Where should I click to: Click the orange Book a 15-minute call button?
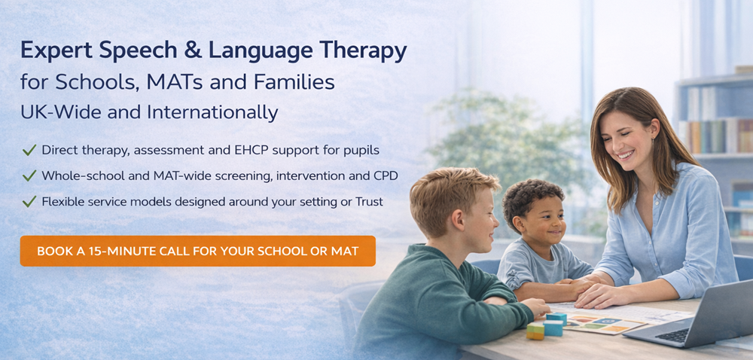198,251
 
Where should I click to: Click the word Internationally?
213,113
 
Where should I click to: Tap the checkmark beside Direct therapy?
29,151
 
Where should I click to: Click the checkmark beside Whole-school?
29,176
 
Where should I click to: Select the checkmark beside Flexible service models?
29,202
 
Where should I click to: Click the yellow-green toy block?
535,331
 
